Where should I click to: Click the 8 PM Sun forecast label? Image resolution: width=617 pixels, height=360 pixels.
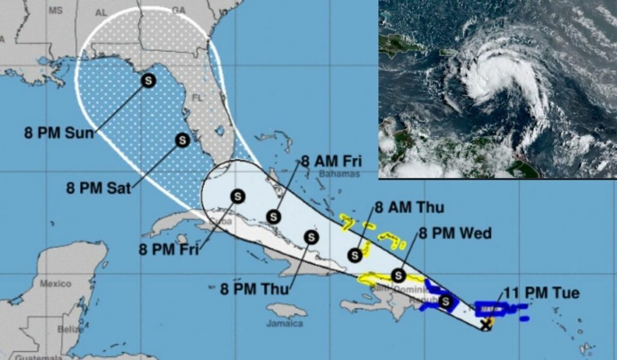pyautogui.click(x=59, y=133)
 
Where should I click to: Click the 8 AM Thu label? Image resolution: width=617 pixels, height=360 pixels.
pyautogui.click(x=410, y=208)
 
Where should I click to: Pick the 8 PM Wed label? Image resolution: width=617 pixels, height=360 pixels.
pyautogui.click(x=456, y=233)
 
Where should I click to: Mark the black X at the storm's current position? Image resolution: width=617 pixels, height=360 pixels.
pyautogui.click(x=486, y=325)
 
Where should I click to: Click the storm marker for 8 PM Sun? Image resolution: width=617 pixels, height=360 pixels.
pyautogui.click(x=148, y=79)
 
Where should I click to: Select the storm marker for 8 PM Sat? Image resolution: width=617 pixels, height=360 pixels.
pyautogui.click(x=181, y=140)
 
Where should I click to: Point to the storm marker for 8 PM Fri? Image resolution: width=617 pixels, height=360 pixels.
pyautogui.click(x=238, y=196)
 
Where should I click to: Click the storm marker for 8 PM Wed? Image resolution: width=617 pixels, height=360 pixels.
pyautogui.click(x=398, y=276)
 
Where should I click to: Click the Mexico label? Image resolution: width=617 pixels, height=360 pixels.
pyautogui.click(x=55, y=283)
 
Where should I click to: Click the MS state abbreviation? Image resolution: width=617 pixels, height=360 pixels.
pyautogui.click(x=55, y=11)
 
